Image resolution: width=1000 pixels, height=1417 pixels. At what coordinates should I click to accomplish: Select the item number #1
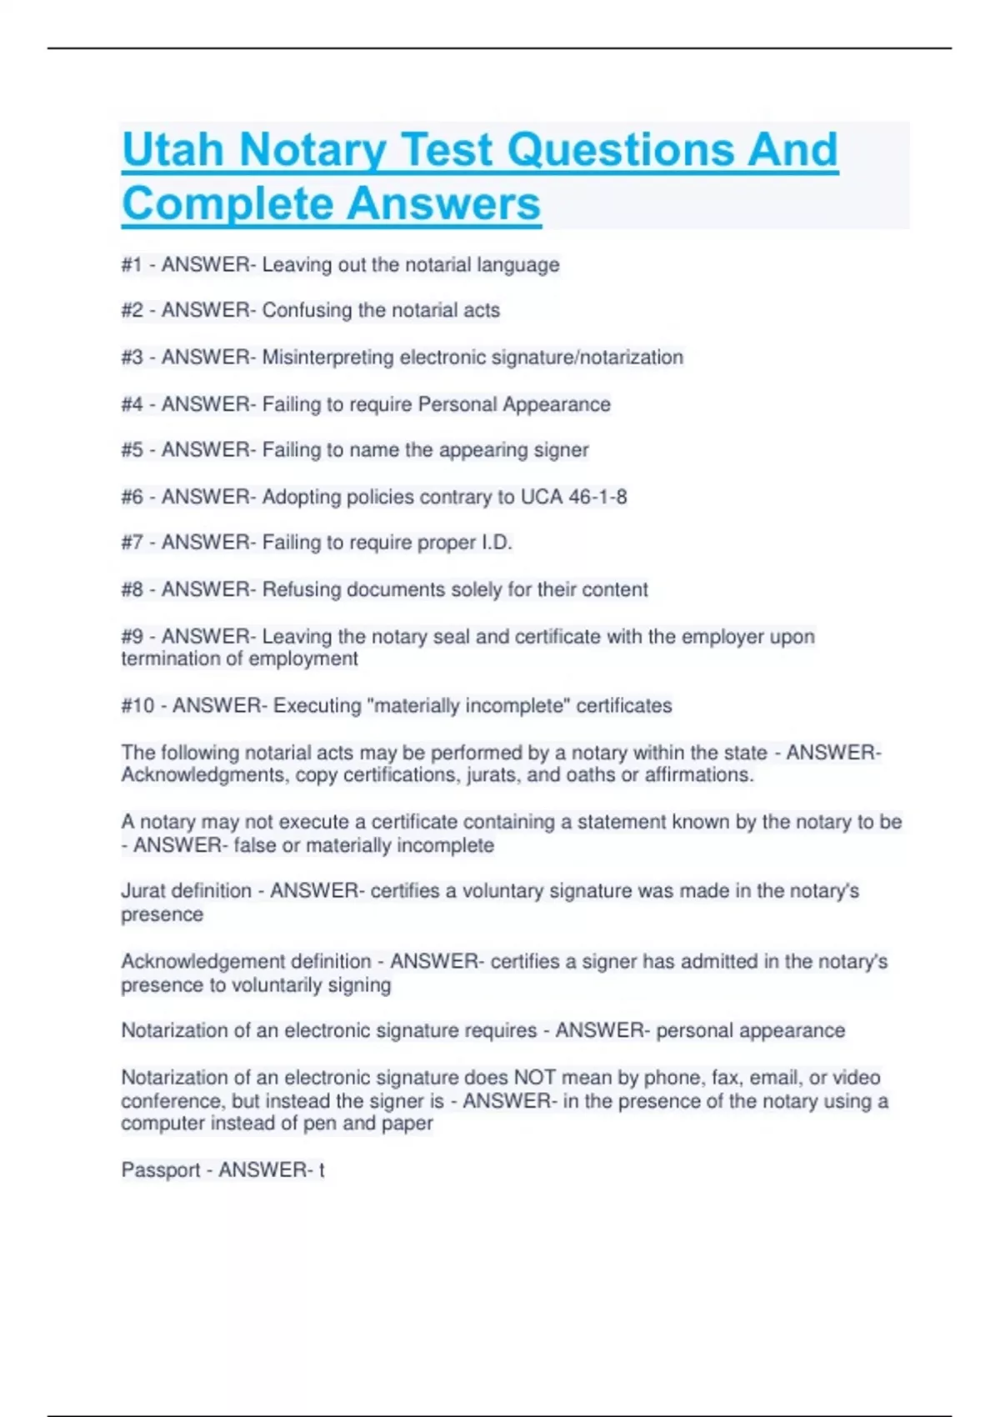coord(132,265)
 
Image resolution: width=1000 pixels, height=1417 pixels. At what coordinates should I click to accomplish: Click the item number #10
coord(137,706)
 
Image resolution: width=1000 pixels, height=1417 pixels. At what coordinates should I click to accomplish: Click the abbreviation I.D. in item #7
coord(497,543)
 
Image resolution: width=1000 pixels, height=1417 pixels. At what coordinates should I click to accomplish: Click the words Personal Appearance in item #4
coord(514,404)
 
